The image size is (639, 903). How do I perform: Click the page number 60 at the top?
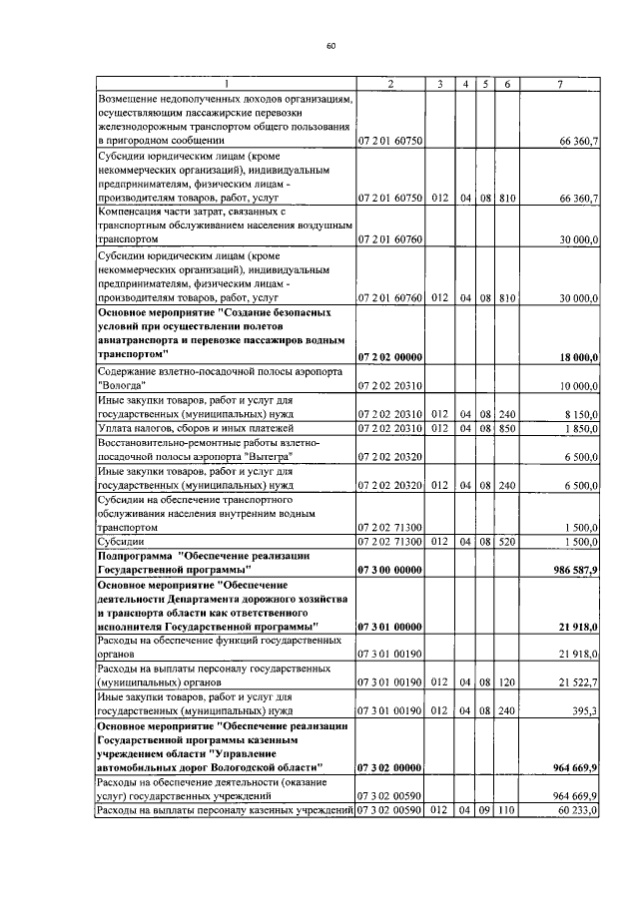click(330, 46)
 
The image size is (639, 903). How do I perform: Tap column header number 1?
click(227, 84)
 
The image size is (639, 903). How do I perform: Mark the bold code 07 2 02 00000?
click(390, 356)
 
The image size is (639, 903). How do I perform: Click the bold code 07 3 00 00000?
click(390, 568)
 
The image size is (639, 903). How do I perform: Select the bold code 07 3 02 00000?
click(390, 767)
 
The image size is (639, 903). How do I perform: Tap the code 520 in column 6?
click(507, 540)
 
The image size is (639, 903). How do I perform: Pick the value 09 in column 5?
click(484, 810)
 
